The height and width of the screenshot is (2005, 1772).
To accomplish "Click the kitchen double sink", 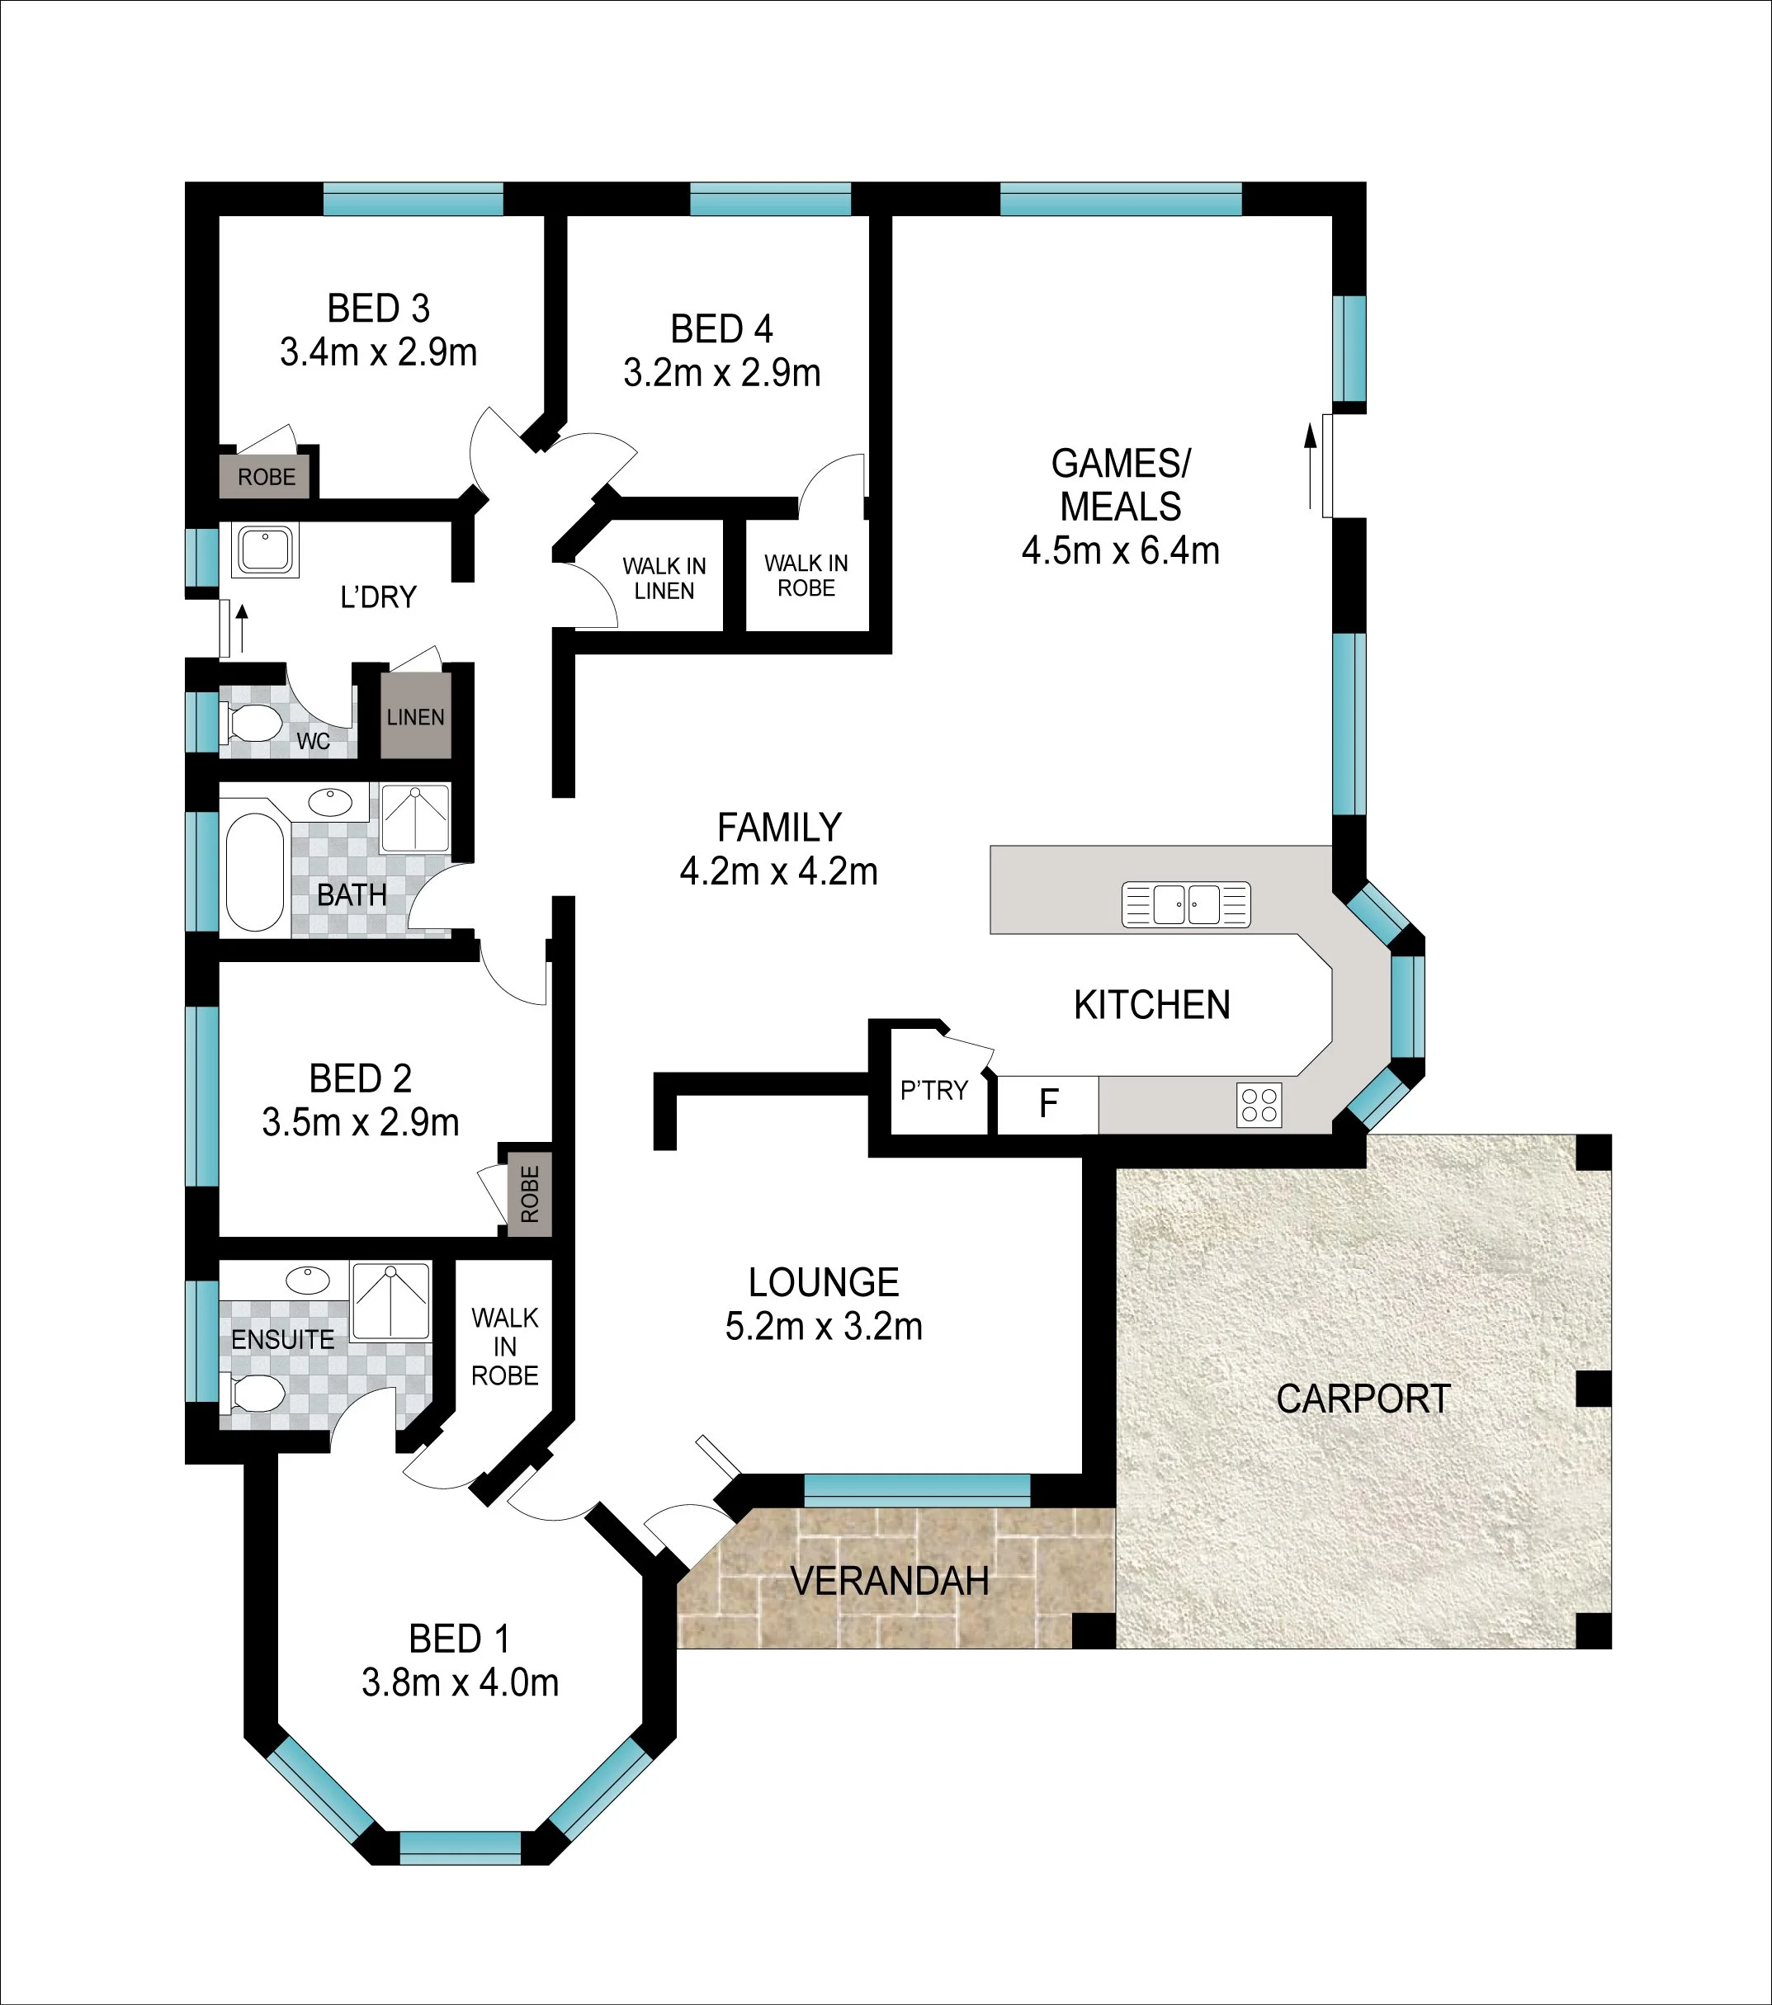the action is pos(1185,904).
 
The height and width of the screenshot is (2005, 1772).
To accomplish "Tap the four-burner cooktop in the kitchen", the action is pos(1259,1106).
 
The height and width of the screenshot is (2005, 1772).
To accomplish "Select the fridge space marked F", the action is pos(1048,1105).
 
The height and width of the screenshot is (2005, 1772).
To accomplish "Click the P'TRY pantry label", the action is pos(934,1090).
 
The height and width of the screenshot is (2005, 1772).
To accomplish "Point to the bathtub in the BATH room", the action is pos(255,872).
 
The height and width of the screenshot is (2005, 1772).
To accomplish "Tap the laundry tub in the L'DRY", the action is pos(265,550).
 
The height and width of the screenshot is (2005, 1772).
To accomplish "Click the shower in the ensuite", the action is pos(390,1300).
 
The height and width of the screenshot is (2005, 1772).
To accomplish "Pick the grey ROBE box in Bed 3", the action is pos(266,477).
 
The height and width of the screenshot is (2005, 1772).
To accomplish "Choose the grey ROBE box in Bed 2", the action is pos(530,1194).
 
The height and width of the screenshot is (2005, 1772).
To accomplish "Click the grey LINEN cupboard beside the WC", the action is pos(416,715).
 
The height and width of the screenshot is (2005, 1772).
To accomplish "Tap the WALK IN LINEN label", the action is pos(664,578).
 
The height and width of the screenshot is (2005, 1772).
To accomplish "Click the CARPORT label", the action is pos(1363,1399).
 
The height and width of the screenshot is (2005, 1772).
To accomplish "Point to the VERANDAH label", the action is pos(890,1581).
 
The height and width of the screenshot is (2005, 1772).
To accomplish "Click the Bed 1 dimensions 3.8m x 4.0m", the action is pos(461,1682).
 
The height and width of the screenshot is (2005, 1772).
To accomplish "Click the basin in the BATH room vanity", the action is pos(329,801).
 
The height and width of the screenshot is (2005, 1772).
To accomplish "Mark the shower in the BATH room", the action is pos(415,817).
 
